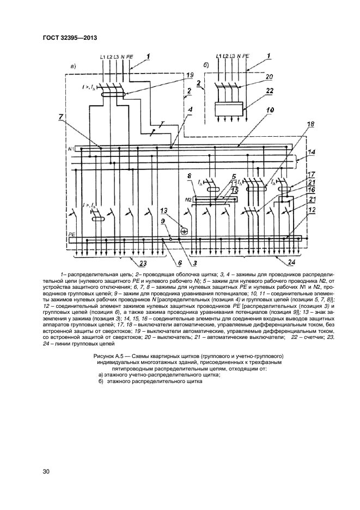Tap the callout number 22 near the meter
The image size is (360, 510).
coord(270,92)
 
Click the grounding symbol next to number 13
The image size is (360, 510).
coord(184,231)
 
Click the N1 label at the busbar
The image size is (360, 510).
coord(70,148)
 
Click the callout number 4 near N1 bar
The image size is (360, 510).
coord(190,110)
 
